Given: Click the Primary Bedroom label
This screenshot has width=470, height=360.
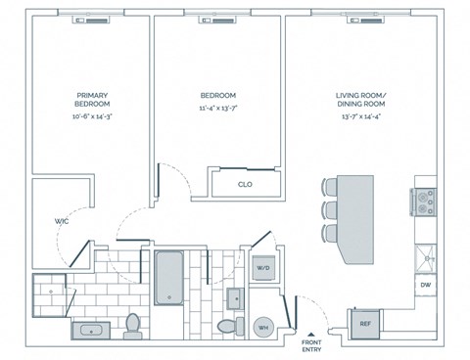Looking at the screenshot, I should point(92,100).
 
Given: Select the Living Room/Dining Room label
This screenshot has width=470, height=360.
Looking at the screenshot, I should point(362,100).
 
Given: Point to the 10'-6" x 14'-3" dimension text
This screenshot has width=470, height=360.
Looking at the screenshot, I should point(92,116).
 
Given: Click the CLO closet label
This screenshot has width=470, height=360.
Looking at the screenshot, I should point(245,184).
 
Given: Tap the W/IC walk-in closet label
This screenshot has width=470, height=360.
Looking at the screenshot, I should point(60,222).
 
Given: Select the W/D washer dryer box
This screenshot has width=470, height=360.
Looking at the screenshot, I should point(263,267).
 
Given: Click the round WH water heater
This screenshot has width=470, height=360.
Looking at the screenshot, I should point(263,328).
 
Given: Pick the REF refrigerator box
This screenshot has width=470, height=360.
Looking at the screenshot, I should point(364,323).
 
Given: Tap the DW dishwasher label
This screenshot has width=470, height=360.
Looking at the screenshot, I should point(426,285).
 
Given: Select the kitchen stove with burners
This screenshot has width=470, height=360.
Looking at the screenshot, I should point(426,201).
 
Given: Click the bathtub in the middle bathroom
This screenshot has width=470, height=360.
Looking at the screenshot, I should point(170,278).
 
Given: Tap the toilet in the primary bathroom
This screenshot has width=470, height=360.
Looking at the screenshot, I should point(133,324).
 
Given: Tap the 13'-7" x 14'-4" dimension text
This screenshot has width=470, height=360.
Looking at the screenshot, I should point(362,116).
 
